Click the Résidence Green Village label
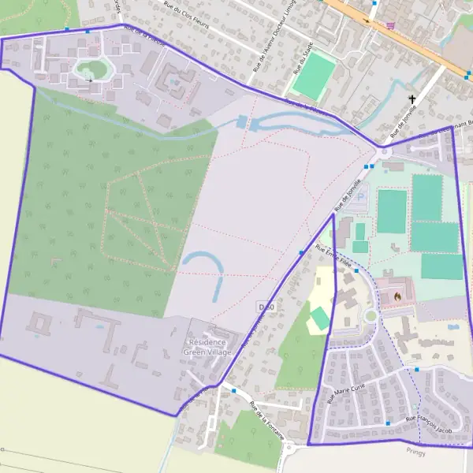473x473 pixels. pos(207,347)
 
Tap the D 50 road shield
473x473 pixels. pos(266,306)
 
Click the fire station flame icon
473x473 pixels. pos(397,295)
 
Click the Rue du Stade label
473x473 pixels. pos(304,55)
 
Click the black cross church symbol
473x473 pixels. pos(412,99)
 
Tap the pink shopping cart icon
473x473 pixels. pos(390,25)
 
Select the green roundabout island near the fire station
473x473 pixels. pos(371,316)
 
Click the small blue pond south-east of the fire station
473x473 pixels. pos(453,326)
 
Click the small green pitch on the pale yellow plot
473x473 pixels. pos(320,318)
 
